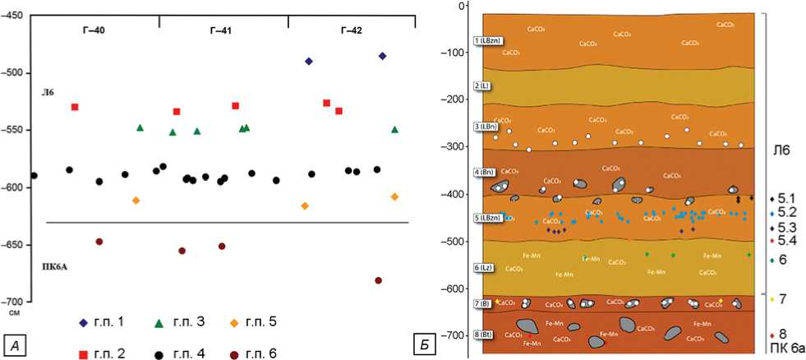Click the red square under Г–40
point(75,107)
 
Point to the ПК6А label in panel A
point(56,266)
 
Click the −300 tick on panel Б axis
point(454,146)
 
